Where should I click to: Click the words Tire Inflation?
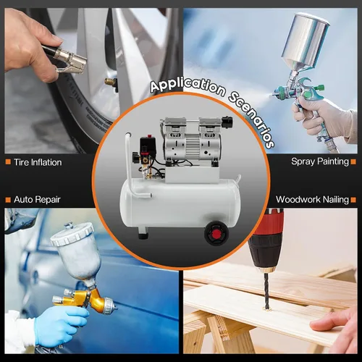pos(38,162)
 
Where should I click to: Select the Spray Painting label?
pos(320,161)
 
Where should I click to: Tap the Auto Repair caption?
pos(37,200)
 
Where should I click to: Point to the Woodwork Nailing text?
pos(312,200)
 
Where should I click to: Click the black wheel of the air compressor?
pos(216,233)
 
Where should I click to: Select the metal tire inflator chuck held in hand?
pos(70,60)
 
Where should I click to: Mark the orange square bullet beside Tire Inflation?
pos(8,161)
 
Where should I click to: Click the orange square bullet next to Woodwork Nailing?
pos(353,200)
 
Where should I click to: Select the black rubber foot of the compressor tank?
pos(143,234)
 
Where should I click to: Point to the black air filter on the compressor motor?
pos(227,122)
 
